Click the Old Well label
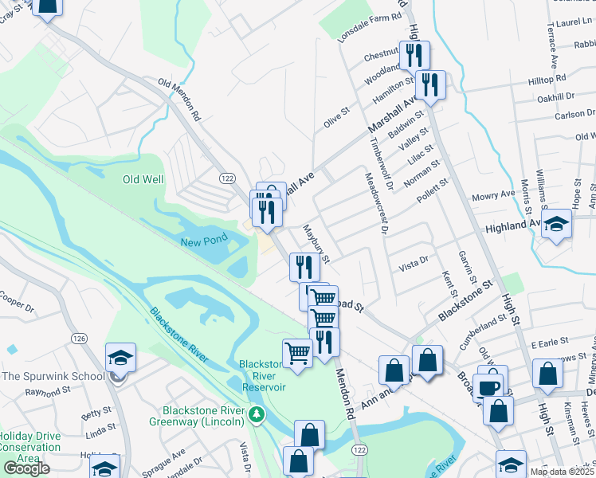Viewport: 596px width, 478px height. point(143,179)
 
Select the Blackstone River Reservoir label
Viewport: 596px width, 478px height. point(262,376)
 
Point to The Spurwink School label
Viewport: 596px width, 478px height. point(53,376)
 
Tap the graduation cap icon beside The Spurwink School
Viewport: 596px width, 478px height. point(120,358)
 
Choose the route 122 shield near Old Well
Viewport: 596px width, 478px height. point(227,175)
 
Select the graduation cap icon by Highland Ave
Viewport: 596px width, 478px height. point(557,225)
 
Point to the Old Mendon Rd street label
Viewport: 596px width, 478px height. point(182,98)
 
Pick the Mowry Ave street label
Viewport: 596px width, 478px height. point(494,194)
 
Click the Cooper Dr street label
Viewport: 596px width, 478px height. point(18,304)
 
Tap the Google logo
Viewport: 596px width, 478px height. point(26,468)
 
